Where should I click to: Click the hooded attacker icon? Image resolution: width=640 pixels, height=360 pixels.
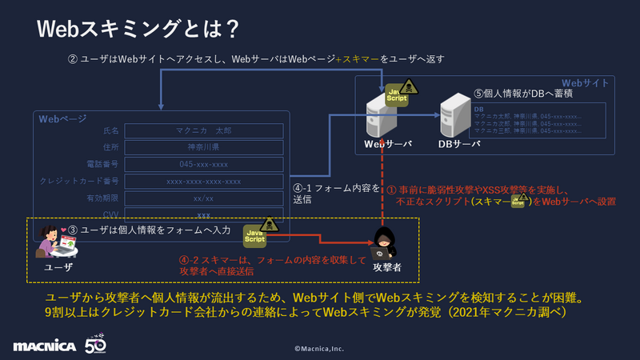tap(387, 241)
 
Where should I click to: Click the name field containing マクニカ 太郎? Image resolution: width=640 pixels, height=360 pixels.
tap(204, 130)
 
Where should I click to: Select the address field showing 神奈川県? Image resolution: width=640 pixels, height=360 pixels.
tap(204, 147)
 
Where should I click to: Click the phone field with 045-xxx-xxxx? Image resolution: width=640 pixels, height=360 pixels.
tap(204, 164)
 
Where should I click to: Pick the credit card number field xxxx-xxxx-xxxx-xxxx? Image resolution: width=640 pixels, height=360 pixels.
tap(204, 181)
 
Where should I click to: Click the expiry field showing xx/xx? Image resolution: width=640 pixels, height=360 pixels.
tap(204, 198)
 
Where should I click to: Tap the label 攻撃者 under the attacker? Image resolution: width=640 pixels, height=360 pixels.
tap(386, 266)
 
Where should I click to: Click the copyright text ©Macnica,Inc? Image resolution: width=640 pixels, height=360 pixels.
tap(319, 349)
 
